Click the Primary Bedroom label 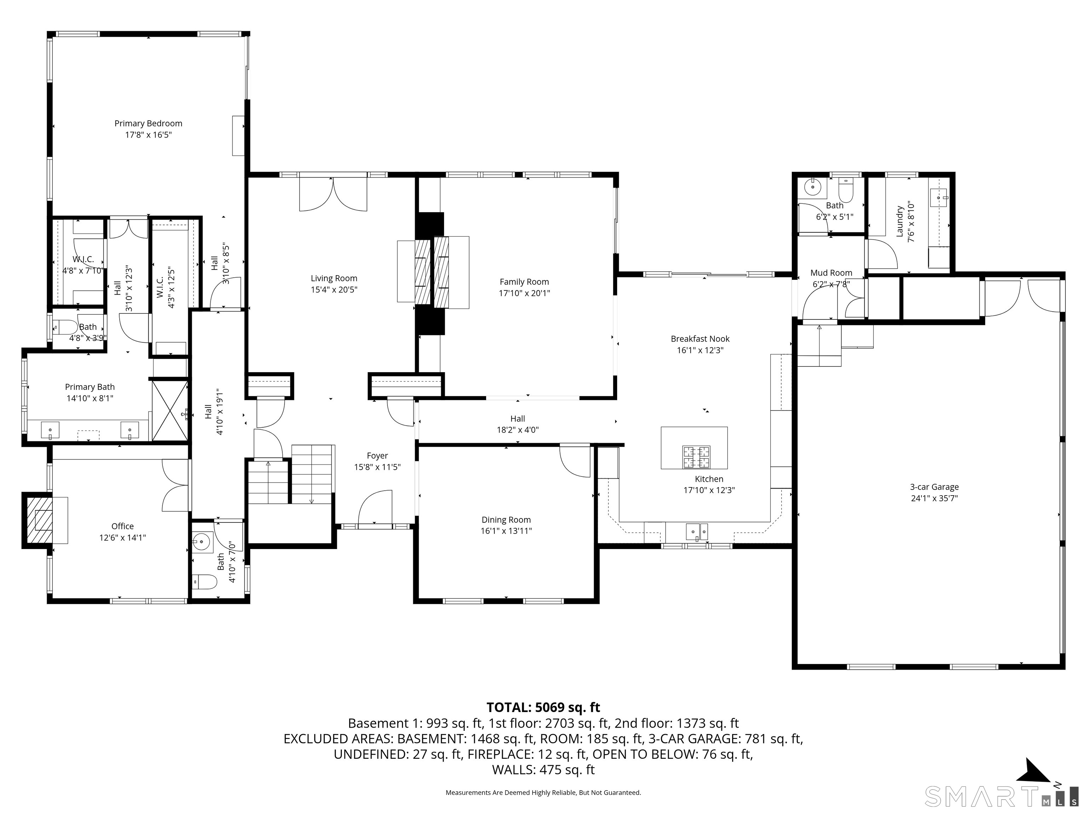tap(148, 124)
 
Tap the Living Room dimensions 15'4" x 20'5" tap(334, 290)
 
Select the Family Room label tap(524, 282)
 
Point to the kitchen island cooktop tap(696, 457)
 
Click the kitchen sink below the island tap(697, 532)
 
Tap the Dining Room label tap(506, 520)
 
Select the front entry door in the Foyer tap(375, 508)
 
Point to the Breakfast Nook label tap(700, 339)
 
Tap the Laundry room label tap(900, 221)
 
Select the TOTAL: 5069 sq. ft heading tap(543, 707)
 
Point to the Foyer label tap(378, 456)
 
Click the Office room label tap(122, 526)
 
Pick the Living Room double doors tap(333, 194)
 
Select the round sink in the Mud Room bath tap(813, 187)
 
